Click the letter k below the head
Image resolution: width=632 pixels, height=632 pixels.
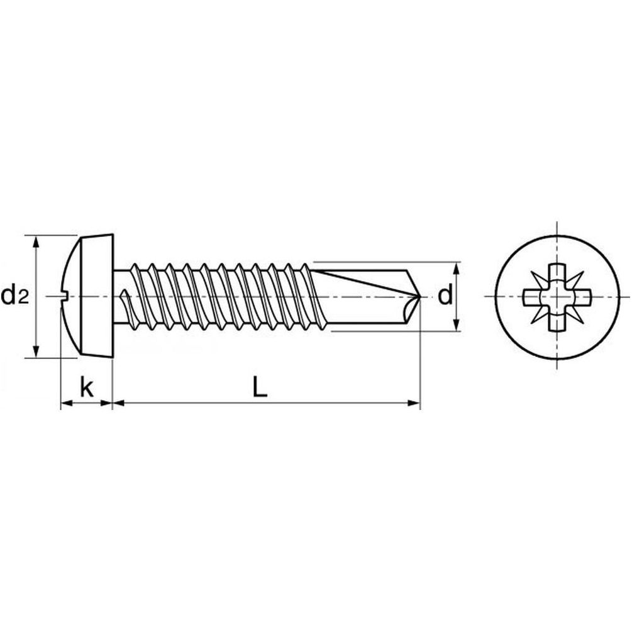coord(87,387)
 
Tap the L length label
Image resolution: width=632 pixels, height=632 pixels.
coord(260,387)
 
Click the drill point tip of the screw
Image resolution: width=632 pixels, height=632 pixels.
coord(419,297)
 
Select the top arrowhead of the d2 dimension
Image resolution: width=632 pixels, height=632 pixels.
coord(36,242)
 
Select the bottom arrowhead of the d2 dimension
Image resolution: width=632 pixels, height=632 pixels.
coord(36,351)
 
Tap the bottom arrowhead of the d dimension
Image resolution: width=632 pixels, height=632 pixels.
coord(457,325)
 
